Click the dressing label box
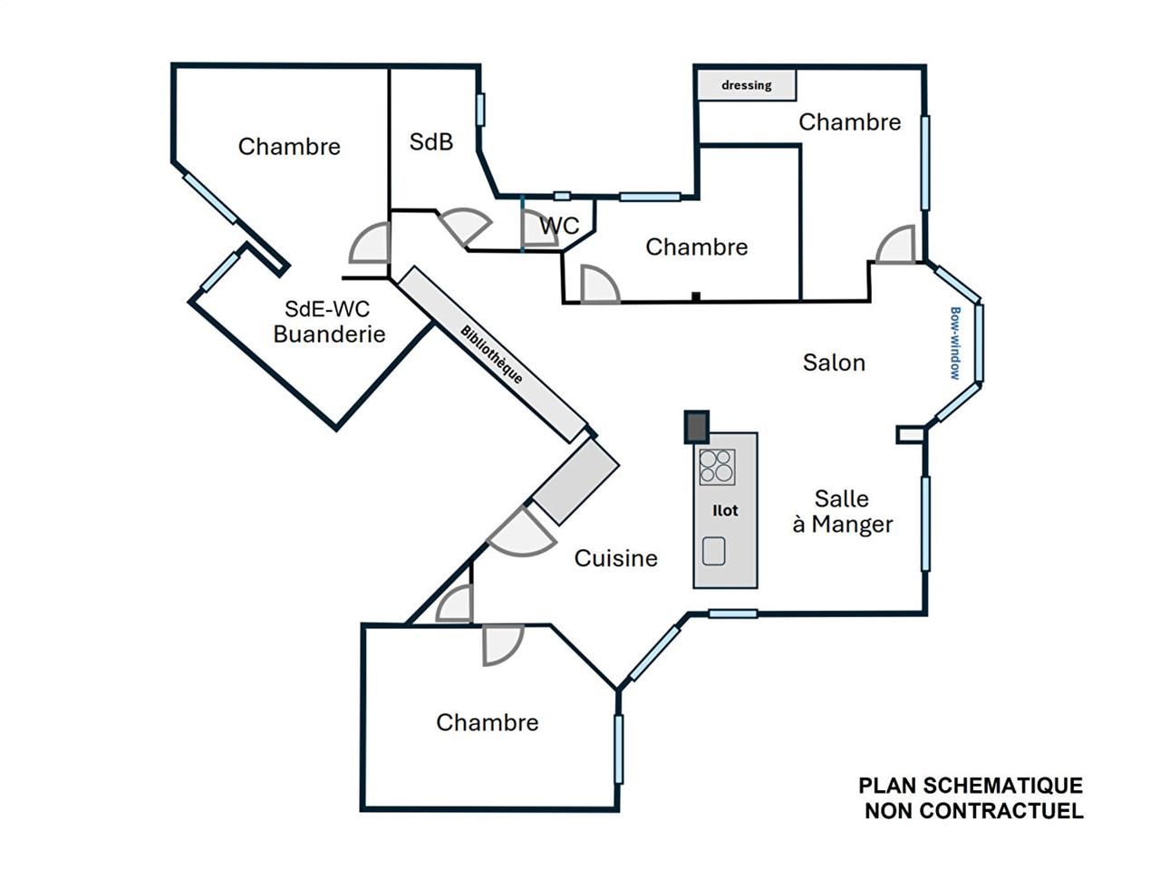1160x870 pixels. tap(747, 85)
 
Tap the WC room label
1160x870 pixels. tap(559, 226)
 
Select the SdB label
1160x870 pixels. tap(431, 141)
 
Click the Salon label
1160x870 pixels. tap(834, 362)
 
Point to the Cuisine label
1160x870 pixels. tap(616, 558)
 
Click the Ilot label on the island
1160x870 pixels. tap(725, 510)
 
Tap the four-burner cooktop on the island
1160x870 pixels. tap(717, 467)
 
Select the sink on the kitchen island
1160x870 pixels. tap(714, 551)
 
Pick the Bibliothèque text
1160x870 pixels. tap(492, 354)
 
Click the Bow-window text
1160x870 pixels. tap(955, 343)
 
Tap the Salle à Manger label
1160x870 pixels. tap(843, 511)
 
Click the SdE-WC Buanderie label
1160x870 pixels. tap(329, 322)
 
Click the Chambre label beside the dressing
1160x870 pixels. tap(849, 122)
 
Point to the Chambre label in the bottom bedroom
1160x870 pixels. tap(488, 722)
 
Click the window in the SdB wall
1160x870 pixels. tap(480, 110)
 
